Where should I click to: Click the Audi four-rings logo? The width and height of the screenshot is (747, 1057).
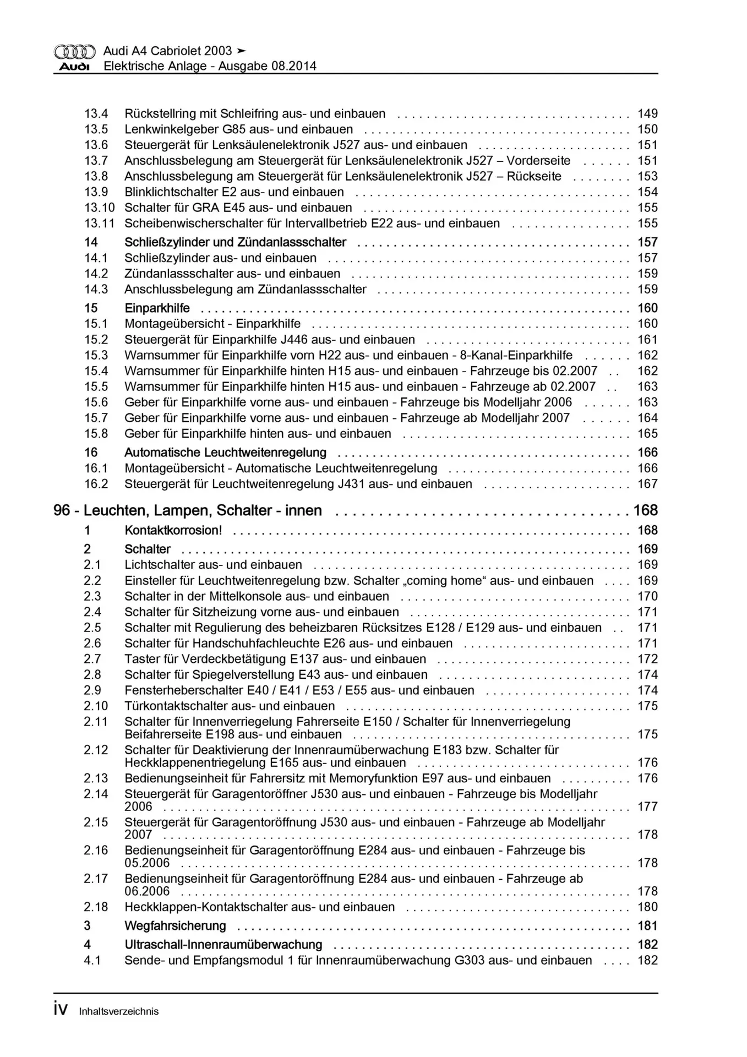click(x=74, y=52)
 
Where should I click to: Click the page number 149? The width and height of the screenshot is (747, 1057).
click(x=647, y=114)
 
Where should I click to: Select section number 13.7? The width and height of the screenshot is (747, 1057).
click(x=96, y=161)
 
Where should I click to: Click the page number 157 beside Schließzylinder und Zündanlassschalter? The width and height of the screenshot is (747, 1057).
click(x=647, y=242)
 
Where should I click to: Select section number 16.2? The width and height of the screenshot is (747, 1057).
click(x=96, y=484)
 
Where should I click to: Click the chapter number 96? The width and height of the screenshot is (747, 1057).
click(x=62, y=511)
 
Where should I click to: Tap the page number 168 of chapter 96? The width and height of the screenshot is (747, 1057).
click(x=645, y=510)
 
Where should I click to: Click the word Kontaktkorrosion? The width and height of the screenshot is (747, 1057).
click(x=173, y=531)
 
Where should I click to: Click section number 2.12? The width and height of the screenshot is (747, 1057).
click(x=96, y=750)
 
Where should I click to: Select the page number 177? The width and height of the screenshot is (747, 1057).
click(x=647, y=807)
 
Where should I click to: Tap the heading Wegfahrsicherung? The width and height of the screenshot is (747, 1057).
click(x=175, y=926)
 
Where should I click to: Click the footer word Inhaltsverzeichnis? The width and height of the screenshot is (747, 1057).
click(x=118, y=1011)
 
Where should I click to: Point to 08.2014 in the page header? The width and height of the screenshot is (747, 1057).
click(x=293, y=66)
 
